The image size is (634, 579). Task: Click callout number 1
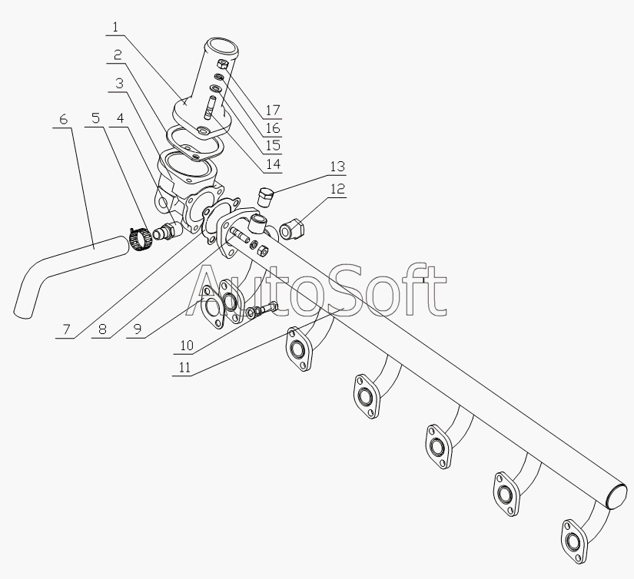click(x=115, y=28)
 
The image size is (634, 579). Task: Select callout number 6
click(x=63, y=119)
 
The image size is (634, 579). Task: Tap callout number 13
click(x=337, y=166)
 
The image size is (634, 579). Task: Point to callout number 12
click(x=338, y=188)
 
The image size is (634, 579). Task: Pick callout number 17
click(x=273, y=110)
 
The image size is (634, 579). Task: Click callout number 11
click(x=184, y=367)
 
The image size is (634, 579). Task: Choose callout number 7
click(x=67, y=329)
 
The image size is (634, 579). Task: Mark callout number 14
click(x=274, y=164)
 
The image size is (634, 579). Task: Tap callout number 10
click(x=187, y=345)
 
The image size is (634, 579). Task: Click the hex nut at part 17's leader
click(x=223, y=65)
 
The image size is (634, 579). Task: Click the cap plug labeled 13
click(x=266, y=196)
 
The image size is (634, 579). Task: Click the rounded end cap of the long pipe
click(x=617, y=495)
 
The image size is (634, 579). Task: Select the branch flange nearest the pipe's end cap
click(x=574, y=541)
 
